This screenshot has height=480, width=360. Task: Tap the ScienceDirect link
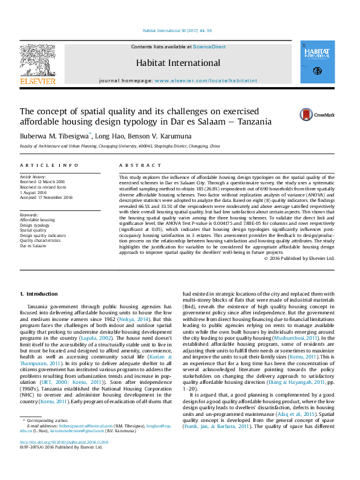tap(210, 47)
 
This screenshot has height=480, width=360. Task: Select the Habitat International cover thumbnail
tap(318, 63)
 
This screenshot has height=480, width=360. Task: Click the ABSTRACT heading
tap(136, 165)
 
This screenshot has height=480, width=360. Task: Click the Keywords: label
tap(30, 215)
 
